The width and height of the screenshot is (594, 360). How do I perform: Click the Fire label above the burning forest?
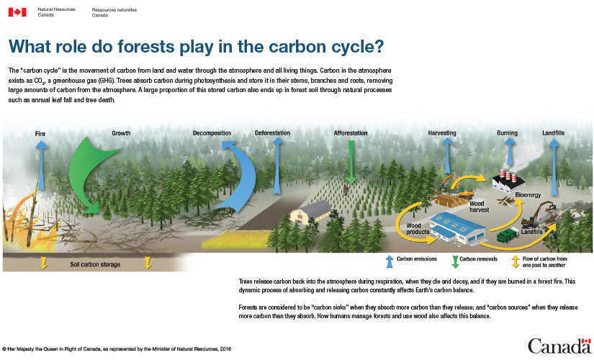pyautogui.click(x=40, y=134)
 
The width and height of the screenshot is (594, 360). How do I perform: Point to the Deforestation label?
pyautogui.click(x=272, y=133)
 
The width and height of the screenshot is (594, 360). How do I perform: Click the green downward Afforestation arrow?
pyautogui.click(x=351, y=162)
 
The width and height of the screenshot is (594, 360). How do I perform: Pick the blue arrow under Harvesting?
pyautogui.click(x=447, y=156)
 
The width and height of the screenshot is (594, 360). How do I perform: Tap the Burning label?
pyautogui.click(x=508, y=133)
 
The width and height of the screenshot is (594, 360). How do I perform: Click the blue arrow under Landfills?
pyautogui.click(x=554, y=167)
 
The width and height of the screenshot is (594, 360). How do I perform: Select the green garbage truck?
pyautogui.click(x=508, y=235)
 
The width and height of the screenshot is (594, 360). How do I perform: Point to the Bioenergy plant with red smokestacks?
pyautogui.click(x=509, y=181)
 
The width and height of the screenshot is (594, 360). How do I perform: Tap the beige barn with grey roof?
pyautogui.click(x=311, y=212)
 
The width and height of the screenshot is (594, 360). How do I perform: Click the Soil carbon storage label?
pyautogui.click(x=95, y=264)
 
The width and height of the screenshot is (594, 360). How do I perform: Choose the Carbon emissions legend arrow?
pyautogui.click(x=390, y=262)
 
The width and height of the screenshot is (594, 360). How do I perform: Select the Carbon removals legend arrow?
pyautogui.click(x=455, y=262)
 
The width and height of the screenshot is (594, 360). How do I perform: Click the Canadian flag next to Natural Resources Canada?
pyautogui.click(x=17, y=12)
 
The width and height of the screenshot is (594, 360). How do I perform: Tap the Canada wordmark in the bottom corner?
pyautogui.click(x=559, y=346)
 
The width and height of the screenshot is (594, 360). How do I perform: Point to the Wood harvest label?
pyautogui.click(x=480, y=207)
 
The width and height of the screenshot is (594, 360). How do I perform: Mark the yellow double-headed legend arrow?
pyautogui.click(x=516, y=262)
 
